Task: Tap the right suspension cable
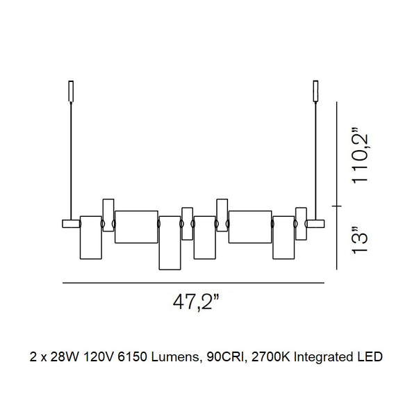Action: [x=315, y=160]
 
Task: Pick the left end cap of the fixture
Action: [x=70, y=224]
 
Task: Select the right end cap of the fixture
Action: [x=315, y=224]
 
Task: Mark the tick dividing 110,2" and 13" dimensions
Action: [x=338, y=206]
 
